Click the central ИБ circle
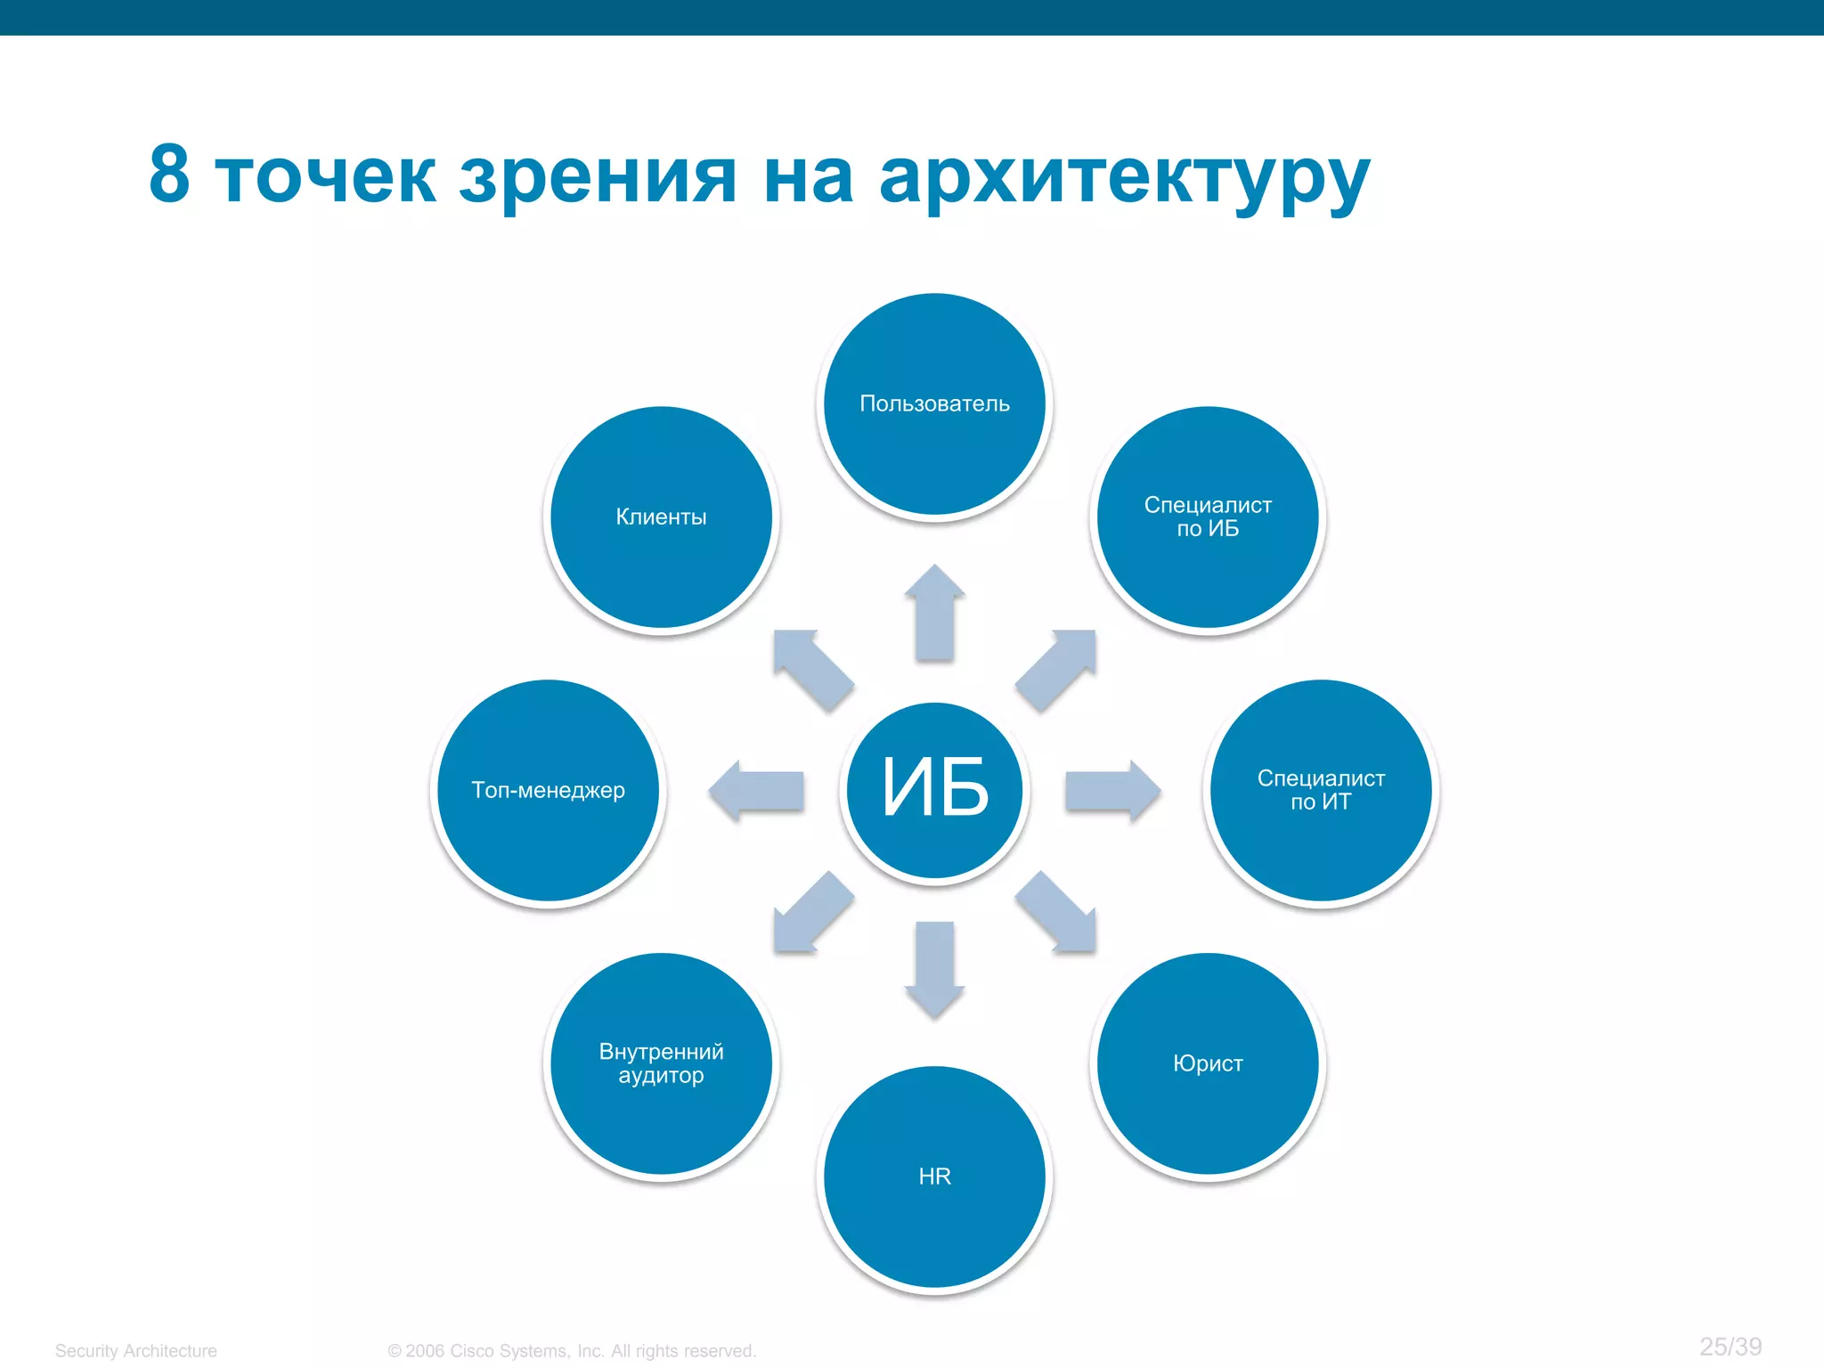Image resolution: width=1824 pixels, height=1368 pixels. point(934,790)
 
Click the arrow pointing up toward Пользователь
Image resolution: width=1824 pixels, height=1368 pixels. point(934,615)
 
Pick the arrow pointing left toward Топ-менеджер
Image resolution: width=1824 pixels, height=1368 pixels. point(757,790)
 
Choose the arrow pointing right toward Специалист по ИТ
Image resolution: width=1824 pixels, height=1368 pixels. point(1111,790)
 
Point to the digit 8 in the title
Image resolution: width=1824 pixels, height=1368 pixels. point(169,174)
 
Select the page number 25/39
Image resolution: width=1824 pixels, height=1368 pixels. point(1730,1347)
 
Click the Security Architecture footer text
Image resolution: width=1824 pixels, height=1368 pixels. point(136,1351)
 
